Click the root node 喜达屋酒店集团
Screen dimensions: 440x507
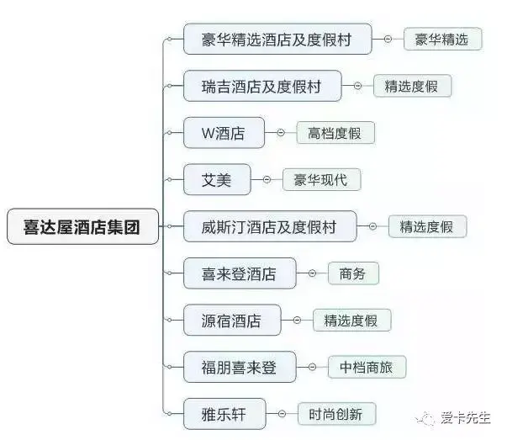(x=82, y=226)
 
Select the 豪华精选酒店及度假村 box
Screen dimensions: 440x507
(x=277, y=40)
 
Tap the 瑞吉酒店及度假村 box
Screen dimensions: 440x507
(x=262, y=86)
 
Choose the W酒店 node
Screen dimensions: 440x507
(x=224, y=133)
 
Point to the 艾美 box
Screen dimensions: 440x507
(x=216, y=179)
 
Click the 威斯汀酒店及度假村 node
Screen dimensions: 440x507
(x=269, y=226)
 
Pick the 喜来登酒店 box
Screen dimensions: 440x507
(x=239, y=273)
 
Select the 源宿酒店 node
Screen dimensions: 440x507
(x=231, y=321)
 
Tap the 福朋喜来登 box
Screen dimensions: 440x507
(x=239, y=368)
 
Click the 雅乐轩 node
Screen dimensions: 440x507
(x=222, y=414)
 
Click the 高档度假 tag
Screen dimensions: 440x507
(x=335, y=133)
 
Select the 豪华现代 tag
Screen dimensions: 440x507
(x=320, y=179)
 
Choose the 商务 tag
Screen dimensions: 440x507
(x=353, y=273)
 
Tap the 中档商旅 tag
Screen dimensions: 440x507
(x=366, y=368)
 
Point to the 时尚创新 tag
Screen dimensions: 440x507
(x=335, y=414)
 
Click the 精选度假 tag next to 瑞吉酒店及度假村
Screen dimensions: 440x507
(x=412, y=86)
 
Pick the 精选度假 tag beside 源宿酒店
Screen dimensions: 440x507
(x=351, y=321)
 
